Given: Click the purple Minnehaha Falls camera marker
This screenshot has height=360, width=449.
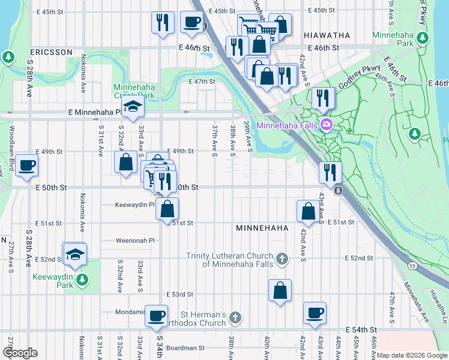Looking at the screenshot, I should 327,125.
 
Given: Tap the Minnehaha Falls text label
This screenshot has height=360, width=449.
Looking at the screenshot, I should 288,125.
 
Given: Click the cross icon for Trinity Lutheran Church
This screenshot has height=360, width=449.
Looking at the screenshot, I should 283,259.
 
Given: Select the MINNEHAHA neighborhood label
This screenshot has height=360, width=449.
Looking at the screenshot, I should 262,229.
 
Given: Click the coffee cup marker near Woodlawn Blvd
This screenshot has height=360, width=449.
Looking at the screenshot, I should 26,166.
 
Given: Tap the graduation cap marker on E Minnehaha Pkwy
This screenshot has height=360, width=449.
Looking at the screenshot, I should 131,108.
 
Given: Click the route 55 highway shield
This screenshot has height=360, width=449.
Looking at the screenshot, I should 411,265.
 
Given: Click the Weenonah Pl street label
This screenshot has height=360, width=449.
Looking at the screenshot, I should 135,241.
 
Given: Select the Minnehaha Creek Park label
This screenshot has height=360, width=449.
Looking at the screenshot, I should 134,91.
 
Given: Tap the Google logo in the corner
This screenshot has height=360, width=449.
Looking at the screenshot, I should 20,353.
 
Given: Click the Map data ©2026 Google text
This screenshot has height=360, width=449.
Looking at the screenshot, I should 411,355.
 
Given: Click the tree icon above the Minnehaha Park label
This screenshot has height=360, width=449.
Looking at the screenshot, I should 423,38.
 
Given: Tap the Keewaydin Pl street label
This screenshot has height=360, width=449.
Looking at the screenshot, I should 135,205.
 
